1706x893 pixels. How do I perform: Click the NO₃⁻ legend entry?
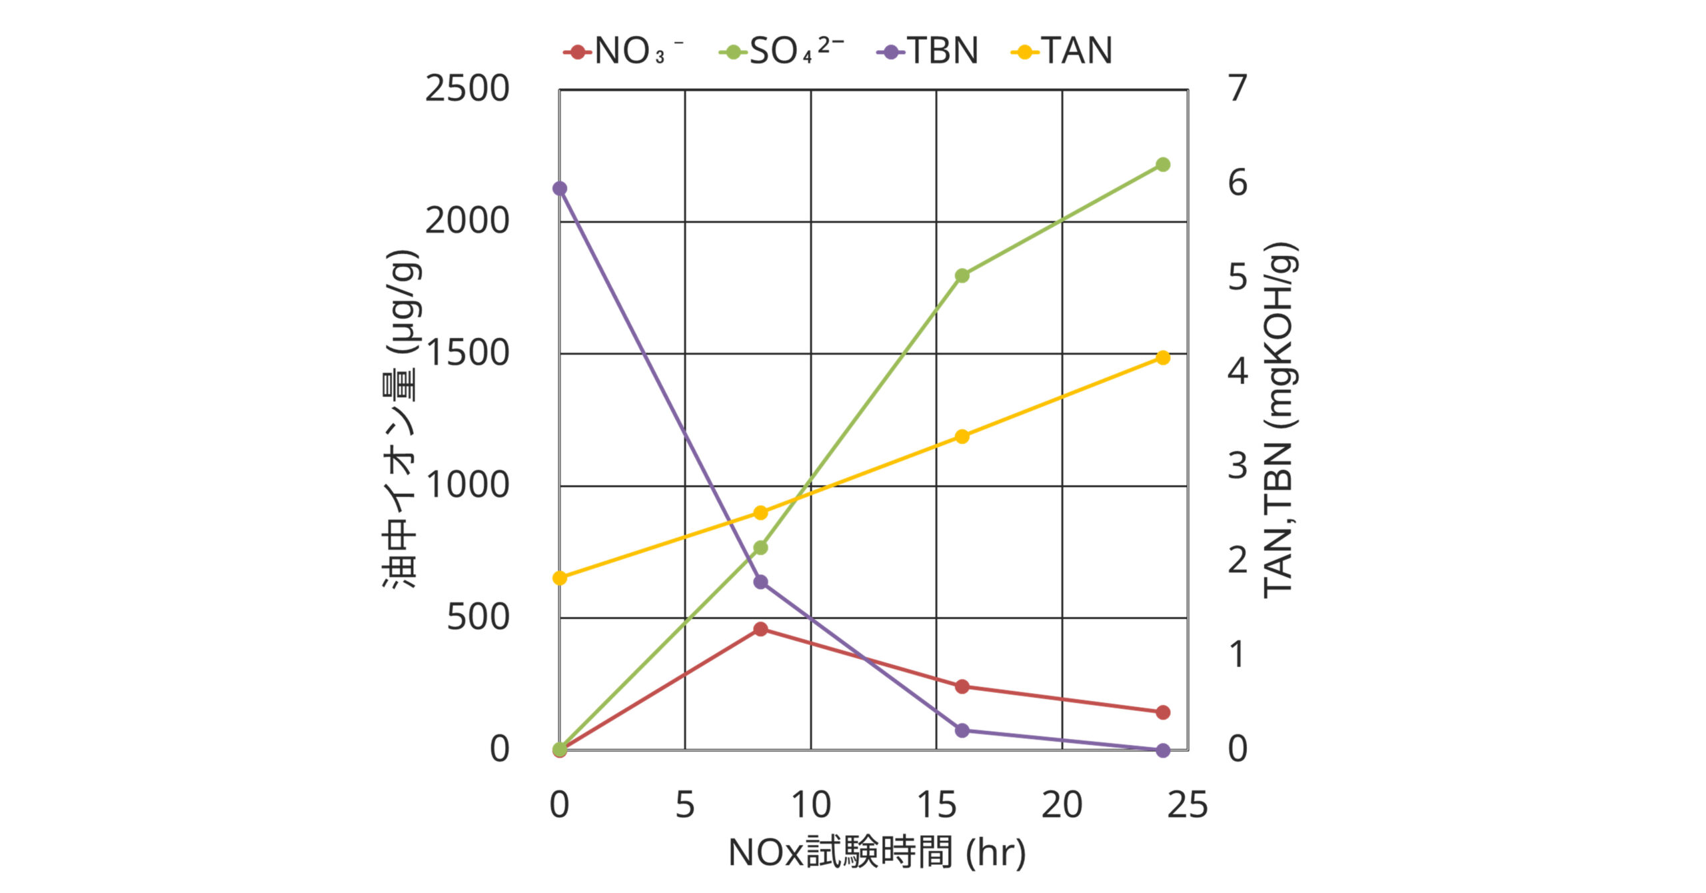(x=623, y=51)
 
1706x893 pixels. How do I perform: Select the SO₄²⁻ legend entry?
(x=781, y=51)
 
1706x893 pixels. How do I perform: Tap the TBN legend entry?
(x=928, y=51)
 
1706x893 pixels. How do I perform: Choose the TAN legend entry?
(x=1062, y=51)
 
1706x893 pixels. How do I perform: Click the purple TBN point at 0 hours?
(x=560, y=189)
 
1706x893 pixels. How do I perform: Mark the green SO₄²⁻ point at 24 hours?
(x=1163, y=165)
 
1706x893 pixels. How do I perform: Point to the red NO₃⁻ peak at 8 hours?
(x=760, y=629)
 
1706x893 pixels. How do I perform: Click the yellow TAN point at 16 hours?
(x=962, y=437)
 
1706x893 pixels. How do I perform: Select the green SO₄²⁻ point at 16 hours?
(x=962, y=275)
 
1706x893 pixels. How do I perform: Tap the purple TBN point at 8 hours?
(x=760, y=582)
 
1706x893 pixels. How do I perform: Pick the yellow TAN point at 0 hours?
(x=560, y=578)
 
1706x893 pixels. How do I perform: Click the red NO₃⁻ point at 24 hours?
(x=1163, y=712)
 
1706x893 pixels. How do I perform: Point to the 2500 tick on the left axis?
(x=467, y=89)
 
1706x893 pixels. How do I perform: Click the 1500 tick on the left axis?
(x=467, y=353)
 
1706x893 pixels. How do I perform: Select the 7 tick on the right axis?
(x=1238, y=89)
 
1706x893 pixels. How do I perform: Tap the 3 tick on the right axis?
(x=1238, y=466)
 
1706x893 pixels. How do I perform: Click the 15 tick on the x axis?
(x=936, y=805)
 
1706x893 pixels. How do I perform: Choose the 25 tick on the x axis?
(x=1188, y=805)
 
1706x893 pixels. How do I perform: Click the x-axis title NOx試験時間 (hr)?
(x=876, y=853)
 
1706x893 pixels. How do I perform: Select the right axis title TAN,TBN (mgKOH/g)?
(x=1279, y=420)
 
